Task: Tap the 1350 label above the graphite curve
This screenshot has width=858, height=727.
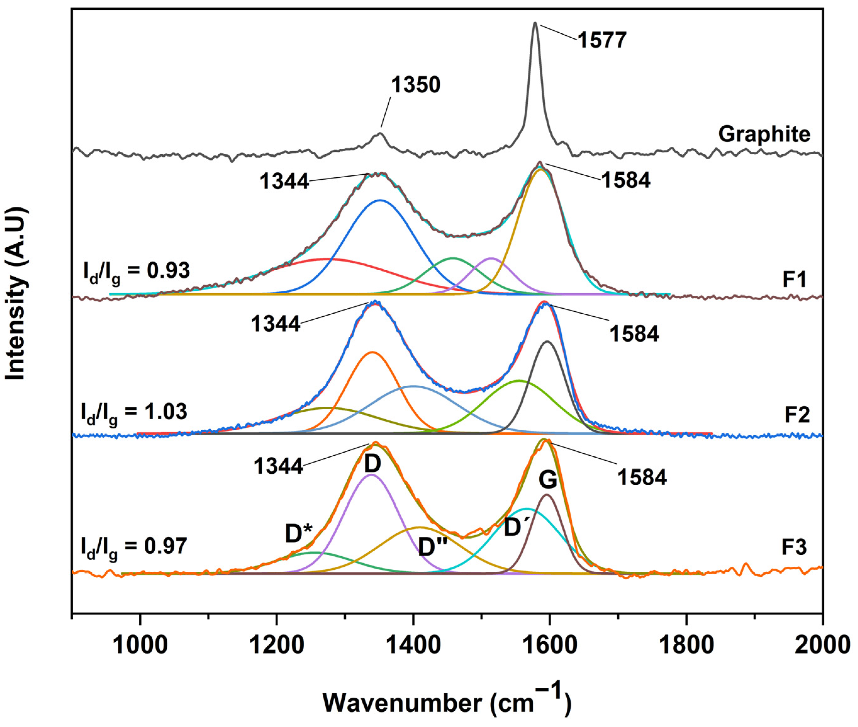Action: pyautogui.click(x=415, y=85)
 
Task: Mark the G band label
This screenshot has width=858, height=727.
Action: pyautogui.click(x=548, y=480)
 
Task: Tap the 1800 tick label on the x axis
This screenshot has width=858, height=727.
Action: pyautogui.click(x=686, y=645)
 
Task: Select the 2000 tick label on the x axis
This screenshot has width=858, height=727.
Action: pyautogui.click(x=822, y=645)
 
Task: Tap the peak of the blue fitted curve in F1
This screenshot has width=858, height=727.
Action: pyautogui.click(x=380, y=200)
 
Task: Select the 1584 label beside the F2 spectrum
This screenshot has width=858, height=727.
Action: pyautogui.click(x=634, y=334)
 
